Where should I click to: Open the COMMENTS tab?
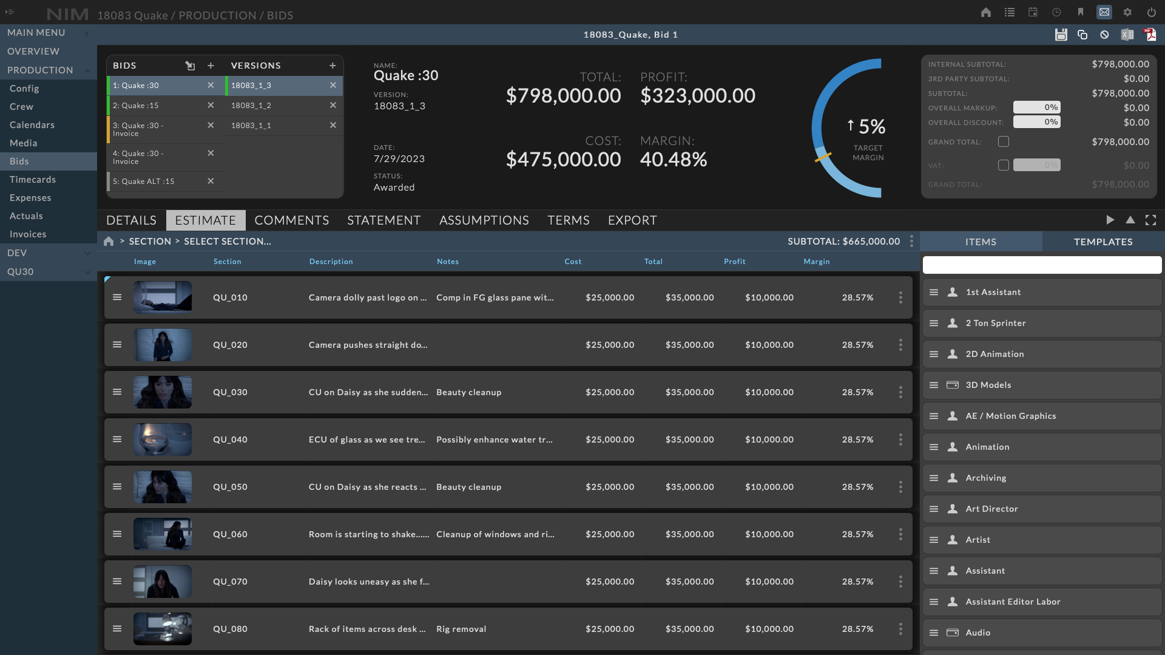click(x=291, y=220)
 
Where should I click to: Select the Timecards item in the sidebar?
click(x=33, y=180)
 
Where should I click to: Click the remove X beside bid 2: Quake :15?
click(x=211, y=106)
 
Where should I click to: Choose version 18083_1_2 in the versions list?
click(x=251, y=106)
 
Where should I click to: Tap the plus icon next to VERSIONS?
click(x=333, y=66)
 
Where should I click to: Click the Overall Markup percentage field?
click(x=1036, y=107)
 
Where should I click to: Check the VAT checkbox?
click(x=1004, y=165)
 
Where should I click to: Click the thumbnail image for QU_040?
click(x=163, y=439)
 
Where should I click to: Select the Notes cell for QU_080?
click(x=461, y=629)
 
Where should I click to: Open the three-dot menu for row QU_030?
click(x=900, y=392)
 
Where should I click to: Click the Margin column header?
click(x=816, y=262)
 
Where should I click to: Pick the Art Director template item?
click(x=991, y=509)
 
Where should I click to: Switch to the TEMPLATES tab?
click(x=1103, y=242)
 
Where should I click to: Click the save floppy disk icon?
click(x=1061, y=35)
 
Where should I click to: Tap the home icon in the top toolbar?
click(x=986, y=12)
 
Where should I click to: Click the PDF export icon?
click(x=1150, y=35)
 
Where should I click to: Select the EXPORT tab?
click(x=632, y=220)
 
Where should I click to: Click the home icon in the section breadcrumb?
click(x=109, y=242)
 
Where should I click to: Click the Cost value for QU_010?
click(x=610, y=297)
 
